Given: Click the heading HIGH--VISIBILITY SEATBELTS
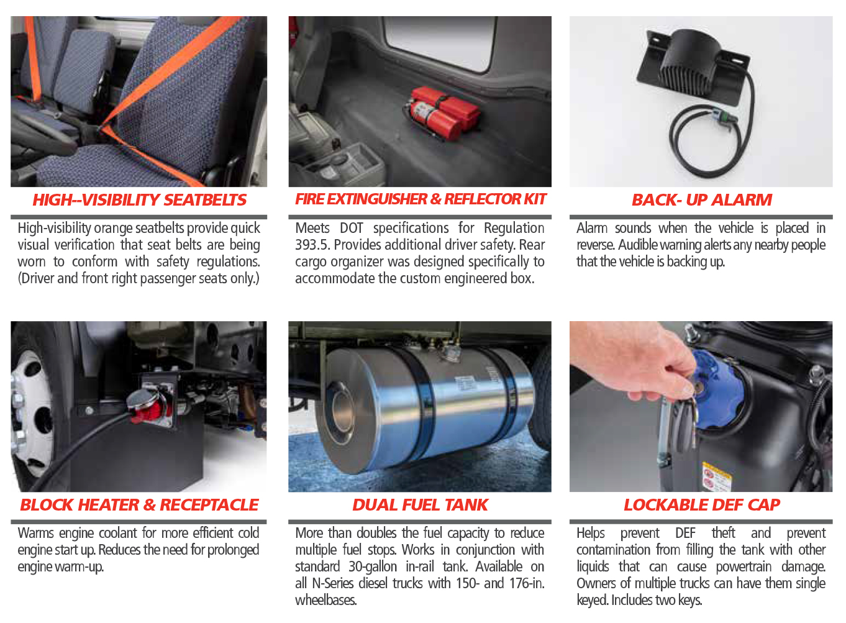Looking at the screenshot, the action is pyautogui.click(x=139, y=200).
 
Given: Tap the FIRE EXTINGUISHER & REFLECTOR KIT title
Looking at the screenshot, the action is pyautogui.click(x=421, y=199).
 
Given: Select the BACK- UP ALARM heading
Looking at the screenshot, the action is pyautogui.click(x=702, y=200).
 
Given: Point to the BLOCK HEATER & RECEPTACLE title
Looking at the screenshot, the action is pyautogui.click(x=139, y=505).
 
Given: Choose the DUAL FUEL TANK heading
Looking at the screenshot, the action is pyautogui.click(x=420, y=505).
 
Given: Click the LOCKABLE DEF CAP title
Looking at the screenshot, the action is pyautogui.click(x=702, y=505).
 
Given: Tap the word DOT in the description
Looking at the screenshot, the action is pyautogui.click(x=351, y=228).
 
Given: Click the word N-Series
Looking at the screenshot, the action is pyautogui.click(x=333, y=584).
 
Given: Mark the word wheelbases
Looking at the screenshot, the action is pyautogui.click(x=325, y=601).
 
